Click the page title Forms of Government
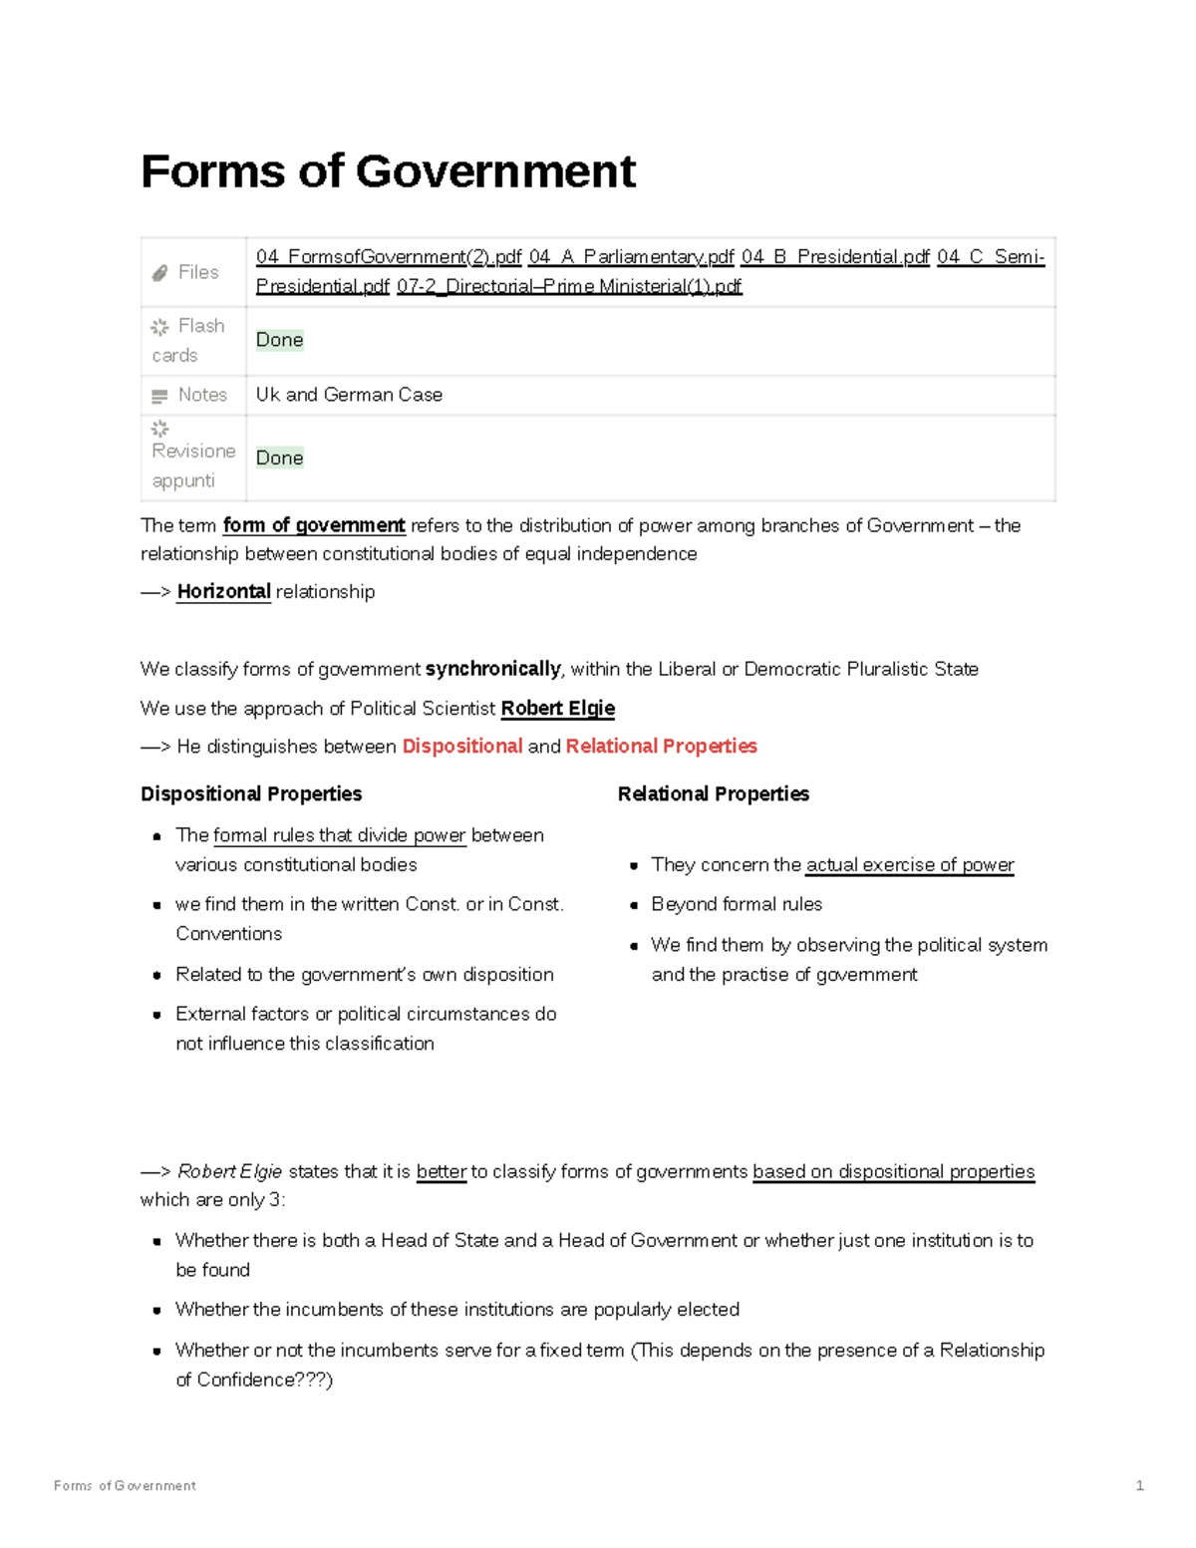[x=388, y=171]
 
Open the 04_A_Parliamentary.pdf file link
[x=631, y=257]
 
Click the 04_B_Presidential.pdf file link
[x=835, y=257]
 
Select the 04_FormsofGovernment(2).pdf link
[x=388, y=257]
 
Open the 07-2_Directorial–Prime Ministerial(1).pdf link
[x=569, y=287]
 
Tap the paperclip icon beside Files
[x=159, y=273]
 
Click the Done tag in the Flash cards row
[x=279, y=340]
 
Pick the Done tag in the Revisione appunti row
[x=279, y=458]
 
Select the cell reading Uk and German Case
[x=349, y=395]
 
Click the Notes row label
[x=202, y=395]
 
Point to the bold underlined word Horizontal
[x=223, y=591]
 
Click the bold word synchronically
[x=492, y=669]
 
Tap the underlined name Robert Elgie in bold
[x=557, y=709]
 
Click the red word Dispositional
[x=461, y=747]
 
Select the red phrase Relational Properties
[x=661, y=747]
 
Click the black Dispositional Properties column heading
[x=251, y=794]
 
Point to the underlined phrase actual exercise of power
[x=909, y=865]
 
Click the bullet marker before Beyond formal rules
[x=634, y=906]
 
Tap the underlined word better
[x=441, y=1172]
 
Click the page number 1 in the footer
[x=1139, y=1485]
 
